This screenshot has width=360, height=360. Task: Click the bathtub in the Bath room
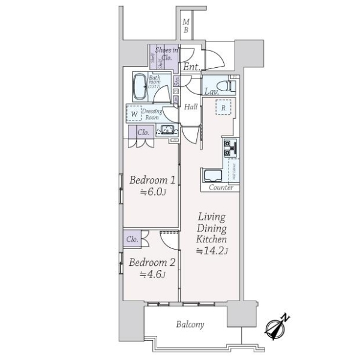tap(140, 88)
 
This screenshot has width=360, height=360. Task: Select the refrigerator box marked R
tap(223, 109)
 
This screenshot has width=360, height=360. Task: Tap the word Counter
tap(221, 188)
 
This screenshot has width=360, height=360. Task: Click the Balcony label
tap(190, 325)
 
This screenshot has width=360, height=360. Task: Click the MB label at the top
tap(186, 26)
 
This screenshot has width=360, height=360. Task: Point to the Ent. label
tap(192, 67)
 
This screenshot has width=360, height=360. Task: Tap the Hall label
tap(191, 107)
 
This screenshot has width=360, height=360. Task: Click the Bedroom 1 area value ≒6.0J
tap(153, 193)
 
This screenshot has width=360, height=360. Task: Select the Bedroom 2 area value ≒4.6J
tap(152, 275)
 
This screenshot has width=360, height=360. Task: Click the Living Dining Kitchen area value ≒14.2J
tap(212, 251)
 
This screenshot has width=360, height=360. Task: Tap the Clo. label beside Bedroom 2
tap(133, 239)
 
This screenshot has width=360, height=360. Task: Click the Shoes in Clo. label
tap(167, 55)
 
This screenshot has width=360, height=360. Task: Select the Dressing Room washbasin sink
tap(166, 130)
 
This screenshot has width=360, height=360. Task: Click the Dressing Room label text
tap(151, 113)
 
